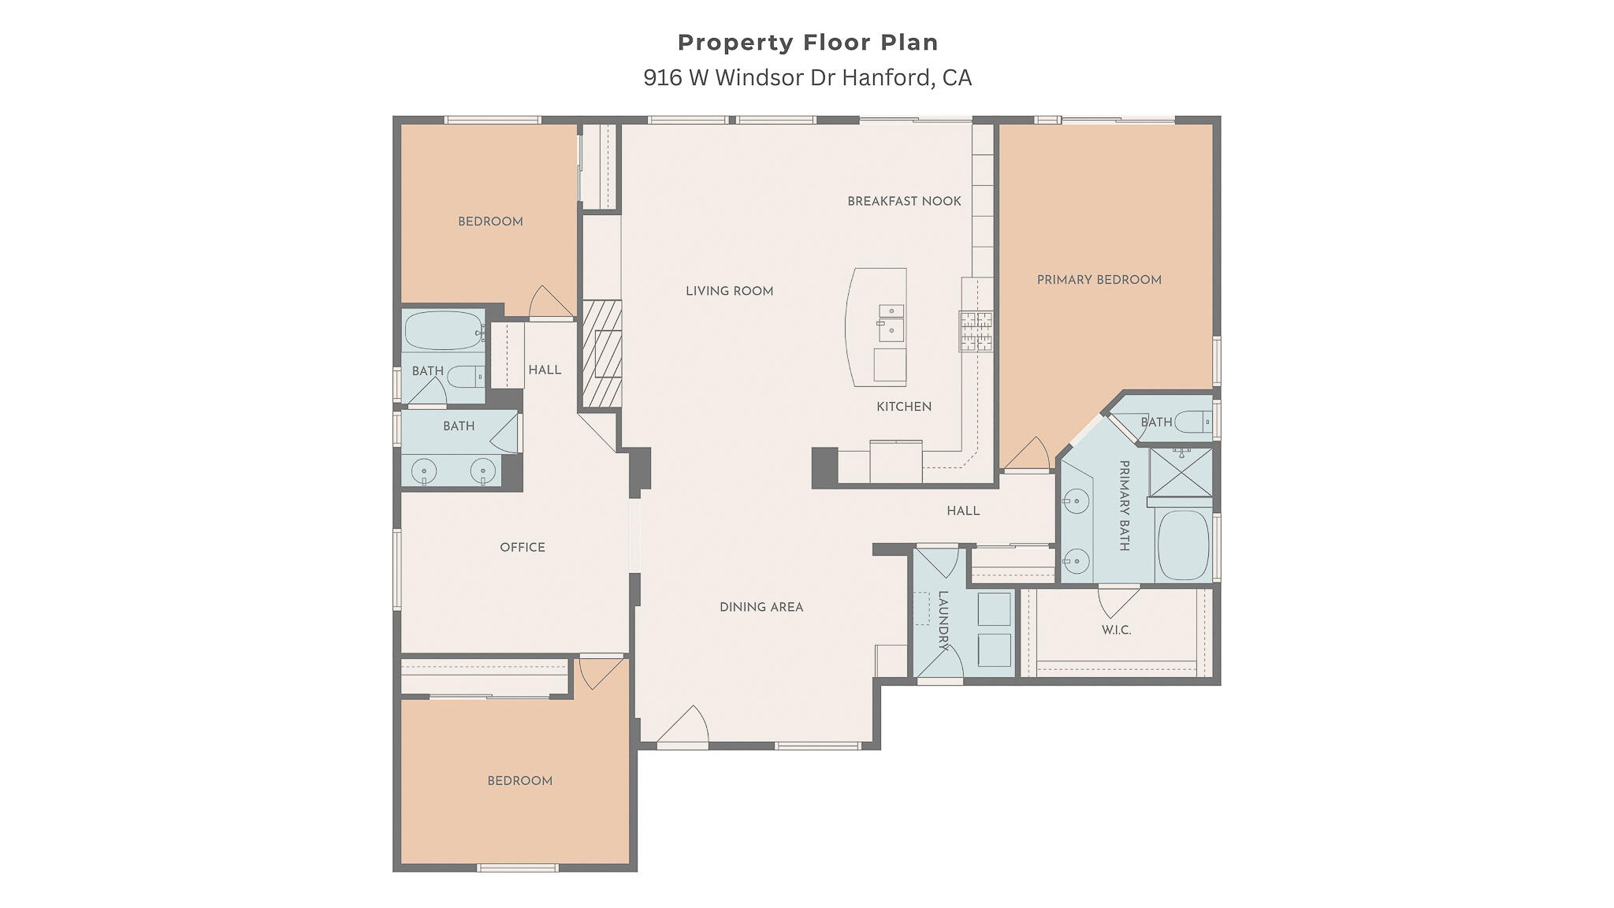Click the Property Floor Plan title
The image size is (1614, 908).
click(808, 43)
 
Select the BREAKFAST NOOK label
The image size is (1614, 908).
click(904, 201)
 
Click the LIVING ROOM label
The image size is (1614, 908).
click(729, 291)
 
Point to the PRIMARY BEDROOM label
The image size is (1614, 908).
click(1099, 280)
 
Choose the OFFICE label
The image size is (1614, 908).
click(523, 547)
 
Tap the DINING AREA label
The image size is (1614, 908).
click(761, 607)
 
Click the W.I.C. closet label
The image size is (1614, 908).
click(1116, 630)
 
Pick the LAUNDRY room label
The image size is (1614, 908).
click(943, 620)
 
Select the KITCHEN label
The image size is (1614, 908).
click(904, 407)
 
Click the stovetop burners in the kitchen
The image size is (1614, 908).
click(976, 331)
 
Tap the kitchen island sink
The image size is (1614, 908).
click(891, 323)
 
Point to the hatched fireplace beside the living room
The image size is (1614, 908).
click(602, 353)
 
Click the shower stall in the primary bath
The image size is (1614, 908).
click(1180, 472)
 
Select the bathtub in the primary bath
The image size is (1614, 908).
click(1184, 545)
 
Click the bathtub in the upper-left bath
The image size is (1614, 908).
click(444, 331)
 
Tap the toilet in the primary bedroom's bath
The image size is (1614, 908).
click(1193, 422)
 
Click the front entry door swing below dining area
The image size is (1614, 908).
click(683, 724)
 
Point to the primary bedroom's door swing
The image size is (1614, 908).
click(1027, 454)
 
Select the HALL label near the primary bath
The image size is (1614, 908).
click(963, 511)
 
